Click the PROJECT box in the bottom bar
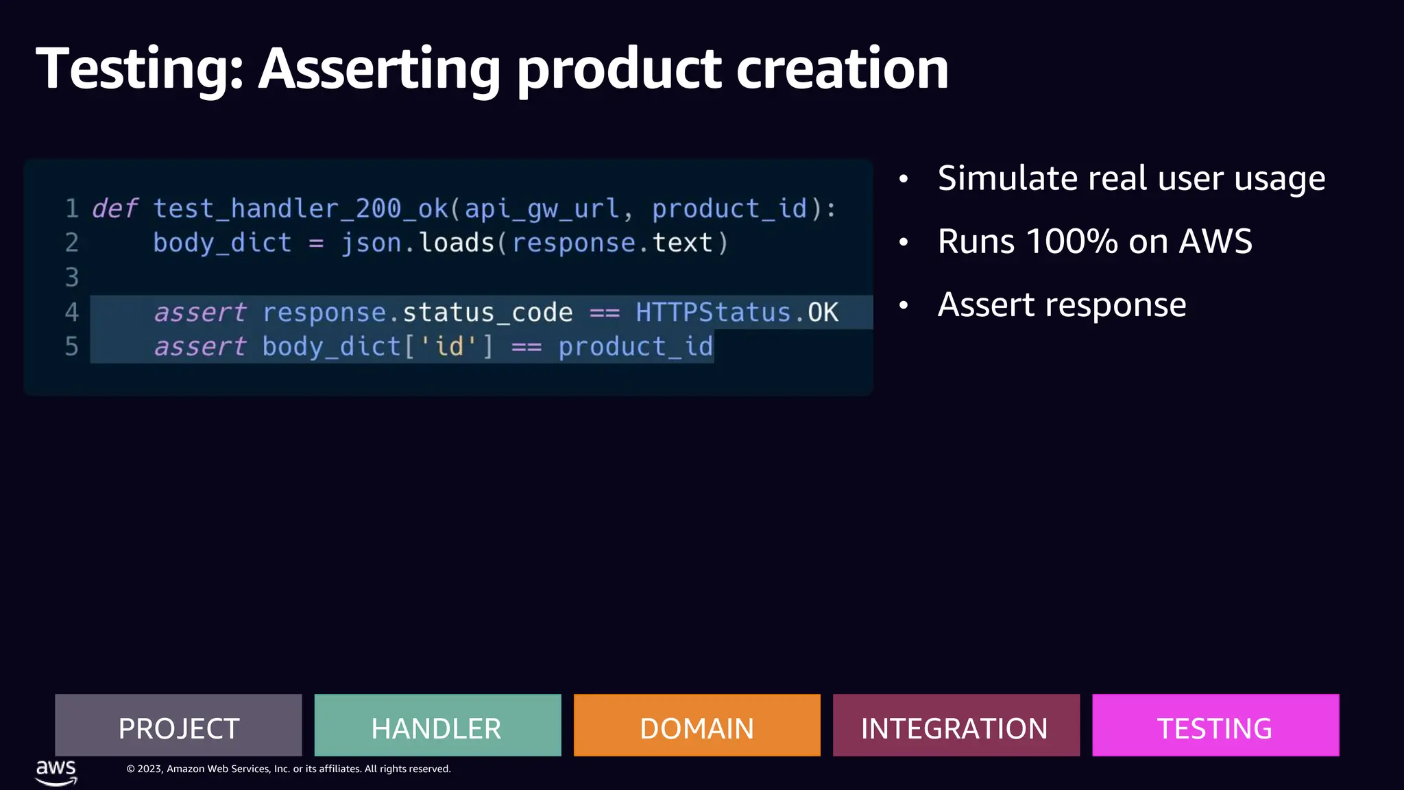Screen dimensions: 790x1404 [178, 726]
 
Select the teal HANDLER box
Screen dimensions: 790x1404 [437, 726]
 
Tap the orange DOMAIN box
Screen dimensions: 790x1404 [697, 726]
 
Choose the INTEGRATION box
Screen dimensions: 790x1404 [956, 726]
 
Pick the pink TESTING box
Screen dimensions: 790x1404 [1215, 726]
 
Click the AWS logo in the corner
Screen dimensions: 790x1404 [56, 772]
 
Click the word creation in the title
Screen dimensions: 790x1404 [843, 69]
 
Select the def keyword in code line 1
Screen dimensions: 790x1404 [114, 208]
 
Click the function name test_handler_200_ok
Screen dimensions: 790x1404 [300, 208]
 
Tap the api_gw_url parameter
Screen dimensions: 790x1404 [542, 208]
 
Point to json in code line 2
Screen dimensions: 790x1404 [371, 243]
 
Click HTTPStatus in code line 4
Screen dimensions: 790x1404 [713, 313]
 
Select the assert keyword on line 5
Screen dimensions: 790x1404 [199, 347]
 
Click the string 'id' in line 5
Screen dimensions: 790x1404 [449, 347]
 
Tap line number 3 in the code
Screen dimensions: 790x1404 [71, 278]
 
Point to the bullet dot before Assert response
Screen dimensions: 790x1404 [904, 305]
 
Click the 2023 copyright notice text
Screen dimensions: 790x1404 [288, 769]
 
